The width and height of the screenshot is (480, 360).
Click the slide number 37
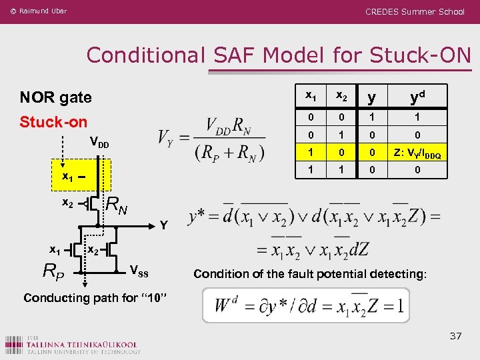click(x=455, y=335)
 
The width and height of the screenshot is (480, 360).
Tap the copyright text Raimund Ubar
click(x=38, y=11)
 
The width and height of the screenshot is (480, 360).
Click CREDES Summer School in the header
click(x=415, y=11)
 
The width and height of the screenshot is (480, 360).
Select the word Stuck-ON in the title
click(x=427, y=55)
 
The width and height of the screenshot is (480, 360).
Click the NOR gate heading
click(x=55, y=97)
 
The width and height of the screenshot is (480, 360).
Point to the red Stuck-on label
click(x=53, y=122)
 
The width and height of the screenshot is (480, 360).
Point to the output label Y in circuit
click(x=163, y=225)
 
